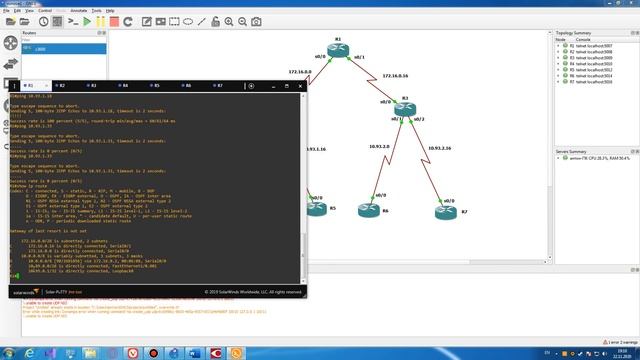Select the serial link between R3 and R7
pyautogui.click(x=427, y=160)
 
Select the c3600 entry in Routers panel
pyautogui.click(x=40, y=47)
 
